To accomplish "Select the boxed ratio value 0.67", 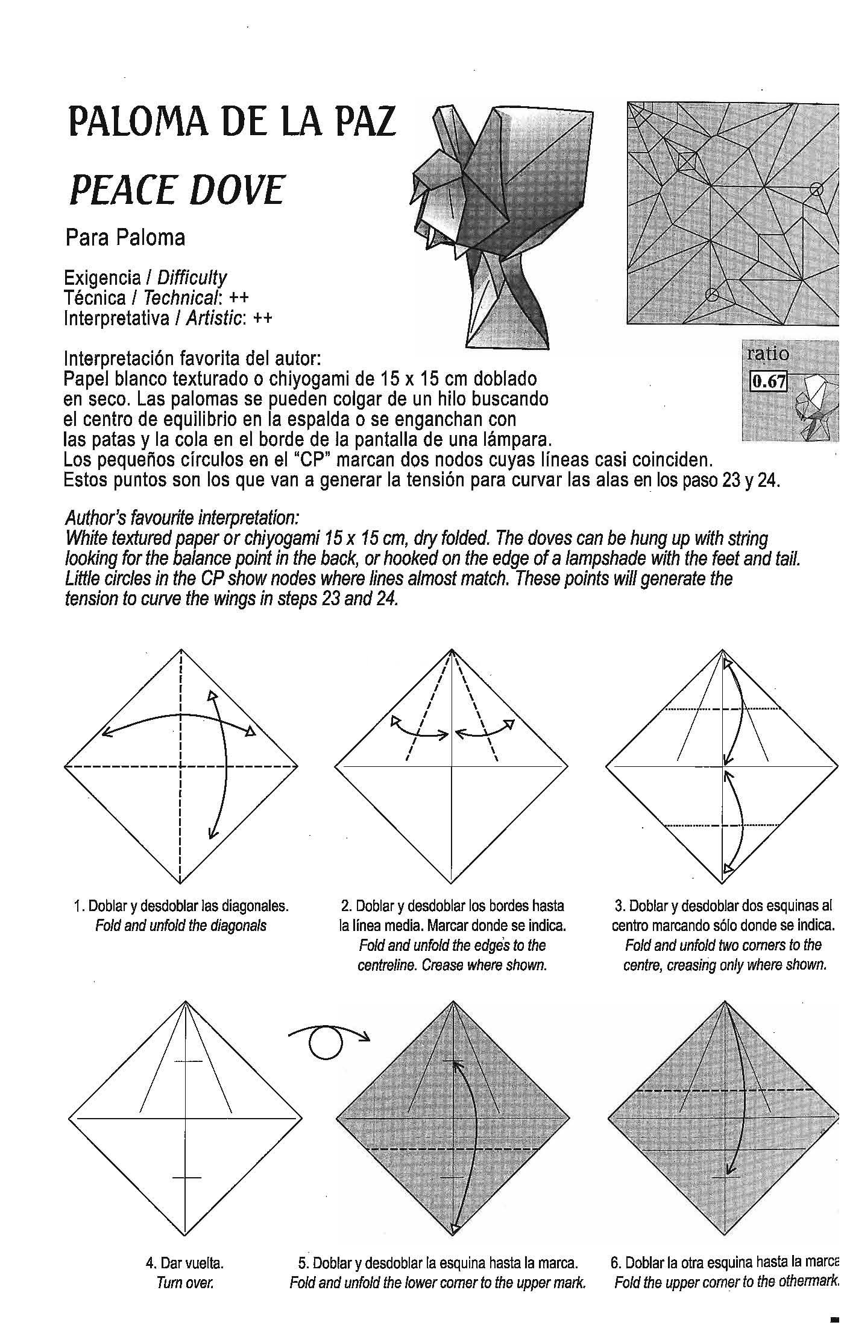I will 767,381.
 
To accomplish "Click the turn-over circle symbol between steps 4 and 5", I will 326,1043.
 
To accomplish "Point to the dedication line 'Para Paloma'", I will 125,238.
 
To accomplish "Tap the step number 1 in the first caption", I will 77,906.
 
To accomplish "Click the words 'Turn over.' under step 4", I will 184,1282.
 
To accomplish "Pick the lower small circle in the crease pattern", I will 711,294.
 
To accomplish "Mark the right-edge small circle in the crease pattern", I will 816,189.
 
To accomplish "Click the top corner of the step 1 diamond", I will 181,650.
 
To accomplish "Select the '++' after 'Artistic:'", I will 262,318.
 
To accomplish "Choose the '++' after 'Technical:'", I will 239,298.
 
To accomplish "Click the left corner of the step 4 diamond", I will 69,1118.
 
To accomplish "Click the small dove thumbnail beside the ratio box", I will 817,410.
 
